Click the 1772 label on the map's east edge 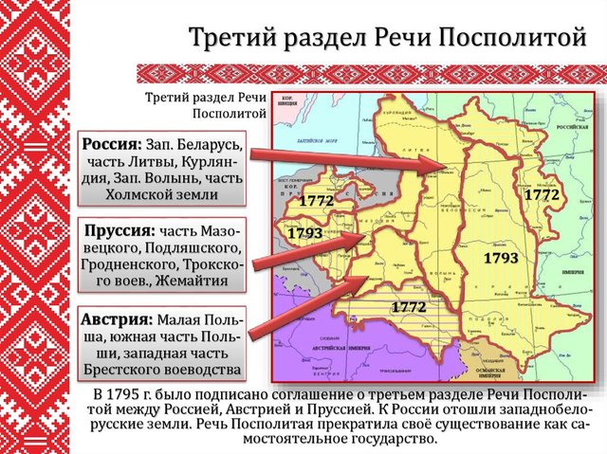pyautogui.click(x=543, y=193)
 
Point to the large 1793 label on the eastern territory pyautogui.click(x=499, y=258)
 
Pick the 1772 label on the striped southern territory pyautogui.click(x=406, y=306)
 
